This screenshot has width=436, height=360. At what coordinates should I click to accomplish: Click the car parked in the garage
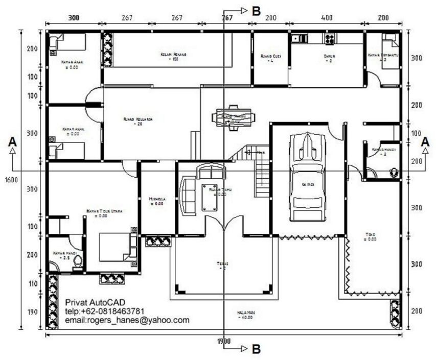pos(308,176)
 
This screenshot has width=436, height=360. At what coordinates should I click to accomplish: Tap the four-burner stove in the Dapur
pos(328,38)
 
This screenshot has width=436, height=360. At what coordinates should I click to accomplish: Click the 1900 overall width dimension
pos(223,341)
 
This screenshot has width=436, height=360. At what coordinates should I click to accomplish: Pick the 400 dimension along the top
pos(327,18)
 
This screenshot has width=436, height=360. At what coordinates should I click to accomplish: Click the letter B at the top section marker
pos(256,10)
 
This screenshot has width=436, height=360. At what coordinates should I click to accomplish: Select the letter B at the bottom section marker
pos(256,349)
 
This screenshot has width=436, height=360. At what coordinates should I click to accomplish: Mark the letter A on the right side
pos(424,142)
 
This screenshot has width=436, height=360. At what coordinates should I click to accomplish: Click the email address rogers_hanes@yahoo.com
pos(127,320)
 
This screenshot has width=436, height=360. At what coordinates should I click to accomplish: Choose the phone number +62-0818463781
pos(104,311)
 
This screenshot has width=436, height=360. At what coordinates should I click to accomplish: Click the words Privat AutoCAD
pos(95,302)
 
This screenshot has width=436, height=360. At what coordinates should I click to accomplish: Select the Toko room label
pos(371,235)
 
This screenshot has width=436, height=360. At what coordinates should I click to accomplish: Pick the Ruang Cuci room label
pos(270,56)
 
